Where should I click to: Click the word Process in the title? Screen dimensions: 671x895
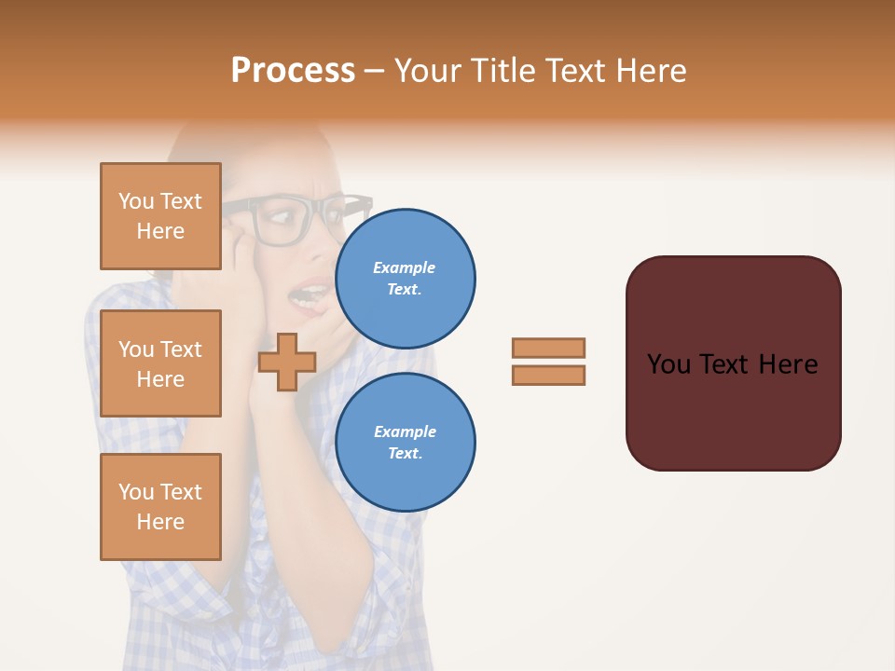293,71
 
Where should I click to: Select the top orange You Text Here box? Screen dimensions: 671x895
160,216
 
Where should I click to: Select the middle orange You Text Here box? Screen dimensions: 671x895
160,363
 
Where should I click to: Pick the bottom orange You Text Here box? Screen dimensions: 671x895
160,507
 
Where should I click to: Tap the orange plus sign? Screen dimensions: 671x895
286,363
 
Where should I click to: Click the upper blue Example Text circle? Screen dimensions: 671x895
405,279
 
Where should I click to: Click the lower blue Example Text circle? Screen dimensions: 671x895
405,443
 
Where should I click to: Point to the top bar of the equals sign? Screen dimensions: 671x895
548,349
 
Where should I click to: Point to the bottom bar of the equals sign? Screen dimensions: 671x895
548,376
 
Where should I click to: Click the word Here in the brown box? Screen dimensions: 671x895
788,364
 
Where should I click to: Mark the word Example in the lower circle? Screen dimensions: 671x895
405,431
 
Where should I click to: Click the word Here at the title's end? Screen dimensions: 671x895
650,71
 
